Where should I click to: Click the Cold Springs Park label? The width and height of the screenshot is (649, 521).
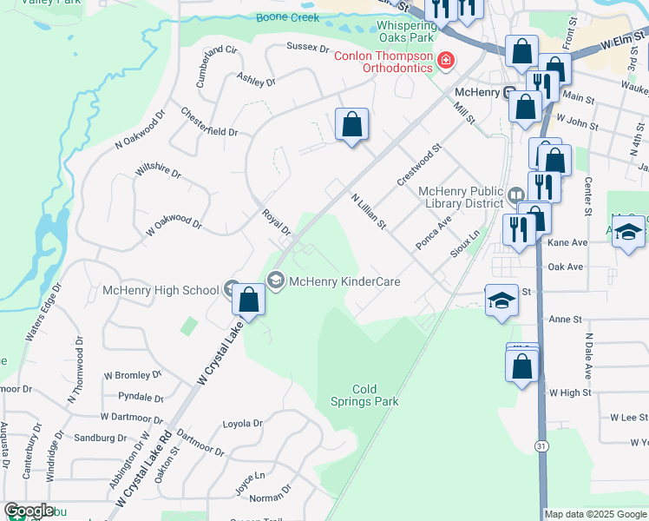(x=364, y=395)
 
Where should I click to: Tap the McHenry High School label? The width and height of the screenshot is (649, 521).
(x=161, y=290)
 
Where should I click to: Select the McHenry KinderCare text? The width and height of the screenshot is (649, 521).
(x=344, y=281)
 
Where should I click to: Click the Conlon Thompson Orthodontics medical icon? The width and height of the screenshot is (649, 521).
(x=446, y=59)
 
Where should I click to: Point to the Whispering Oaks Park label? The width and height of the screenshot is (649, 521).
(x=406, y=32)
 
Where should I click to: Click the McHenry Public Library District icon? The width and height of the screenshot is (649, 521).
(x=515, y=194)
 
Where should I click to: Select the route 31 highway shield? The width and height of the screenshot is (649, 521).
(x=541, y=445)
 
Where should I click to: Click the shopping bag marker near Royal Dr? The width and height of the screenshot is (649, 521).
(x=249, y=300)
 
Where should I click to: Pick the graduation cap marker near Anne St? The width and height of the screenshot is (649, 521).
(x=501, y=301)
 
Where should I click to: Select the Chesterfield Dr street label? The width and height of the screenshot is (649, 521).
(x=209, y=122)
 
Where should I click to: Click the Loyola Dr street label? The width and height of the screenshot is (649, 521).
(x=242, y=424)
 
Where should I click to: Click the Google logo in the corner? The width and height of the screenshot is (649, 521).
(x=29, y=511)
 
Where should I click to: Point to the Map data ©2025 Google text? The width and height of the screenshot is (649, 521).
(x=595, y=514)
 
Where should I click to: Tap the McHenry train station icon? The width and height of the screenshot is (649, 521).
(x=512, y=93)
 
